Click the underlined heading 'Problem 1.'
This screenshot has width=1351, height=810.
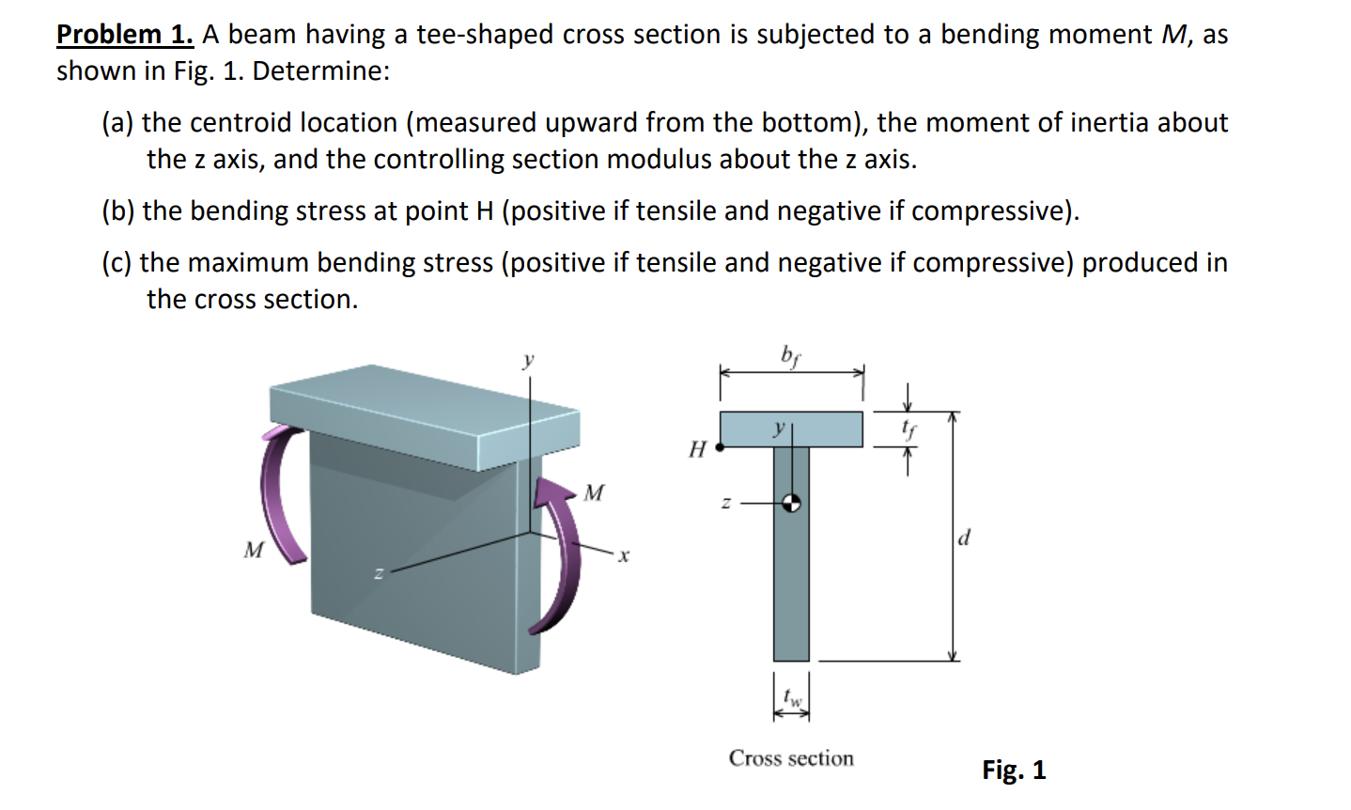(x=125, y=35)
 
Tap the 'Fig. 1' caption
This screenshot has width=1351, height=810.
(x=1014, y=771)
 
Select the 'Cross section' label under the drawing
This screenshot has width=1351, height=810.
(x=791, y=758)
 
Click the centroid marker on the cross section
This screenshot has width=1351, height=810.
(x=792, y=503)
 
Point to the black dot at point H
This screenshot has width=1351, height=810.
(x=720, y=448)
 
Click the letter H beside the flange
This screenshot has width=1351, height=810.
(x=697, y=449)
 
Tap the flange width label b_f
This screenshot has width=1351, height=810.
(x=791, y=355)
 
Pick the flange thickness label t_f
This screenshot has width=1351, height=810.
(x=908, y=429)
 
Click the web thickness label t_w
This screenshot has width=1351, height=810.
(x=794, y=698)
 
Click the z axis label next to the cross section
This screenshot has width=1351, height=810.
(x=724, y=504)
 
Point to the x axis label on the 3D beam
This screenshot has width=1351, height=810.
(x=623, y=556)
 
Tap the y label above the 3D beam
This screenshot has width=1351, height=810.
(x=529, y=359)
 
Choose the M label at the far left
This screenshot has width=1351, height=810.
(x=253, y=550)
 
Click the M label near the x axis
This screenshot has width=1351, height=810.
(x=594, y=493)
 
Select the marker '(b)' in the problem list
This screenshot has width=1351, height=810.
(x=118, y=211)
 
